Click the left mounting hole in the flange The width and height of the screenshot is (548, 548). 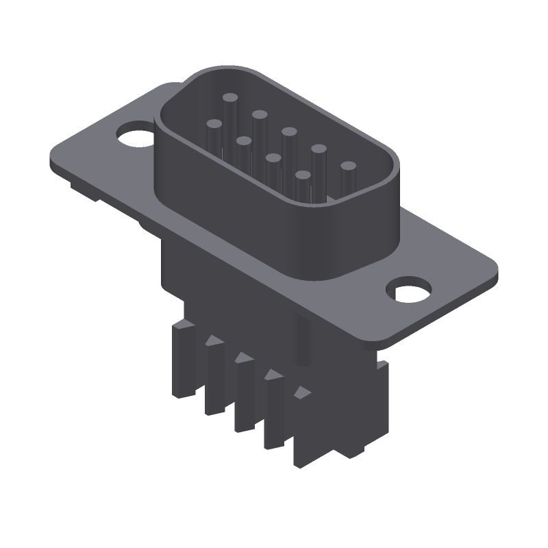[x=134, y=134]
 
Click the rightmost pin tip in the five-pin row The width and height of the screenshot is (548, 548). [x=349, y=166]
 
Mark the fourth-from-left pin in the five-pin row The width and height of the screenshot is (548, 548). [x=319, y=149]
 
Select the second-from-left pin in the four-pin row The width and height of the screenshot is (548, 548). [x=244, y=142]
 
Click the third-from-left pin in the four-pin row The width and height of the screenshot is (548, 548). [x=273, y=159]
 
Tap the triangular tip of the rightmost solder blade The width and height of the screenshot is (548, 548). [x=301, y=393]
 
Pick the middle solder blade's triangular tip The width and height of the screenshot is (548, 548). [x=242, y=358]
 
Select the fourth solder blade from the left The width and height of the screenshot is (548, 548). [x=273, y=411]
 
